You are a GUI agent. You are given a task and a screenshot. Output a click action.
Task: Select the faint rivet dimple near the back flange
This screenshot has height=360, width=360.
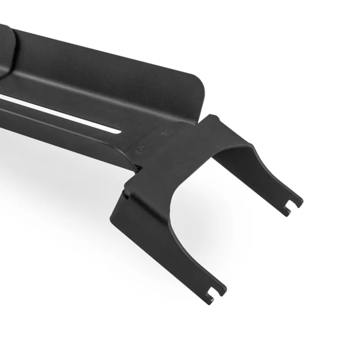pos(165,131)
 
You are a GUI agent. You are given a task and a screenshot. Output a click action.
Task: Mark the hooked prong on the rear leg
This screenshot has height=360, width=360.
pos(288,209)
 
